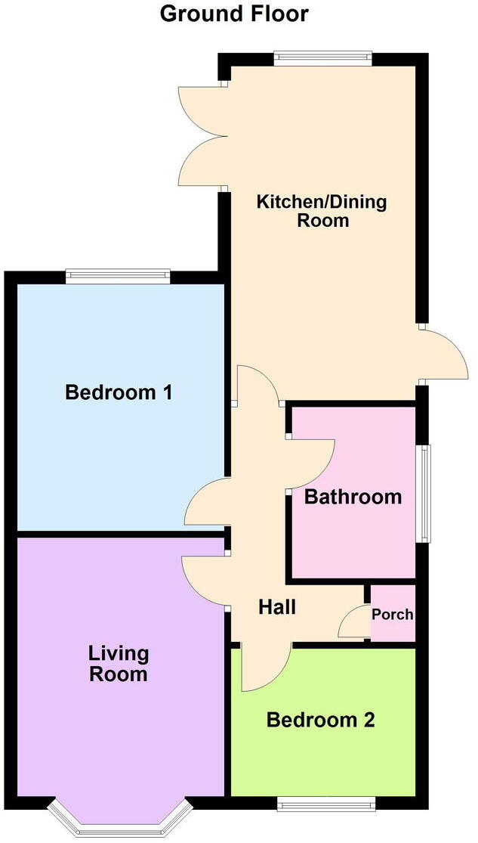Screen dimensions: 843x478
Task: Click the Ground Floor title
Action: (x=234, y=14)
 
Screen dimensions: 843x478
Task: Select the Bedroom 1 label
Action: (x=119, y=392)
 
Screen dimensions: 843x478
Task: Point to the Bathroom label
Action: (x=353, y=497)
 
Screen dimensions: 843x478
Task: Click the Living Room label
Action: (x=119, y=663)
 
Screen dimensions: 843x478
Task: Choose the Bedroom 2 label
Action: (x=320, y=720)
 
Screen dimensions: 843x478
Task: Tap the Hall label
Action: (x=276, y=606)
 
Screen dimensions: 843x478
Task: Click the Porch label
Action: (x=393, y=614)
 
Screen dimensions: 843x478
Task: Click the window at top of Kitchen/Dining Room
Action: (x=322, y=57)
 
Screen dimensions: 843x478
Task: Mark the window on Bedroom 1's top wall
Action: (x=117, y=277)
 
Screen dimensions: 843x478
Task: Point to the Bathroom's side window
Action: (x=425, y=493)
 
